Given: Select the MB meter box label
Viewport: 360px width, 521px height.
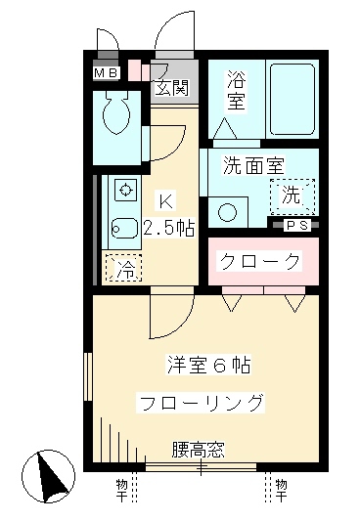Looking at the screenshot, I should (x=106, y=72).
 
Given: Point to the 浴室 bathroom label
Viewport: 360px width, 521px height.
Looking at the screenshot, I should (x=236, y=89).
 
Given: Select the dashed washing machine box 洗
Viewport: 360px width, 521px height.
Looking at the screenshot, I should (x=292, y=194).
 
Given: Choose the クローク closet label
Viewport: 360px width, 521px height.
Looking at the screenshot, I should (x=258, y=261).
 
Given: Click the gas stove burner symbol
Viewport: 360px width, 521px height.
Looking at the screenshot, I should (x=124, y=189).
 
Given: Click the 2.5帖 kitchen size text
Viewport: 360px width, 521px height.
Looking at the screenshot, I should (x=168, y=230).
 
